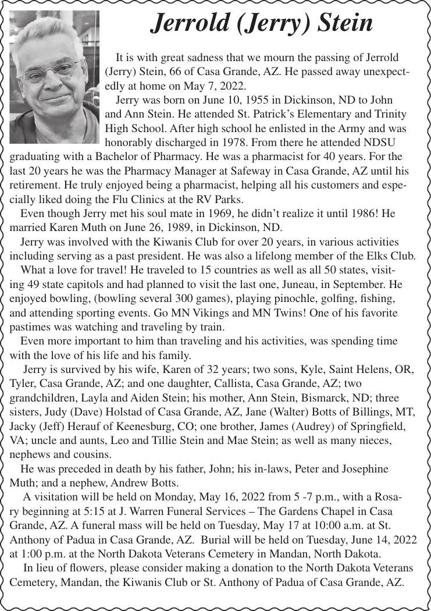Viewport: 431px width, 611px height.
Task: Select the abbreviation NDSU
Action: (387, 143)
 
